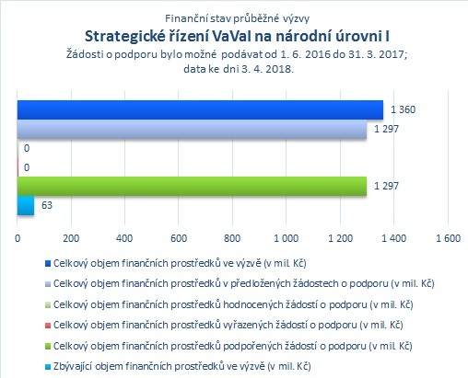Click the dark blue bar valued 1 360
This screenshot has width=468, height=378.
coord(200,109)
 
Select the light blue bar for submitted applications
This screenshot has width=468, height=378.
coord(192,129)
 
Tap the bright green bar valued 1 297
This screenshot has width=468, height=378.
coord(192,186)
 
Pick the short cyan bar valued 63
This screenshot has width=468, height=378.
coord(26,205)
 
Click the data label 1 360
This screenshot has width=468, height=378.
coord(403,109)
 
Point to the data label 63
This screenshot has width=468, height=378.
coord(47,205)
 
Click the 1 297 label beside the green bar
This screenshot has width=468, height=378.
coord(386,186)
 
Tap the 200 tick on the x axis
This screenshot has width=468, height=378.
coord(71,238)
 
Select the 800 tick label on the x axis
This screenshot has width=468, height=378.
coord(232,238)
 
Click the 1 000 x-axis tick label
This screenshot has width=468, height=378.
coord(286,238)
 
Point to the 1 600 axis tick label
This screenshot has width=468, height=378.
coord(448,238)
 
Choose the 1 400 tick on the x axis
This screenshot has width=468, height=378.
coord(394,238)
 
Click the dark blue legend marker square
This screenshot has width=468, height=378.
coord(48,263)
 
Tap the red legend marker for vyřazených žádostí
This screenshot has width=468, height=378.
coord(48,325)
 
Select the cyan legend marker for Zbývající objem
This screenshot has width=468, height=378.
coord(48,366)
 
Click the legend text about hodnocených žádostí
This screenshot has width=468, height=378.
coord(233,304)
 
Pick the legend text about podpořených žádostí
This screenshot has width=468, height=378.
coord(233,346)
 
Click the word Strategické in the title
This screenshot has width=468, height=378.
coord(125,37)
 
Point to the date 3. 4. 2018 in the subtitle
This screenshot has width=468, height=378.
coord(267,69)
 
